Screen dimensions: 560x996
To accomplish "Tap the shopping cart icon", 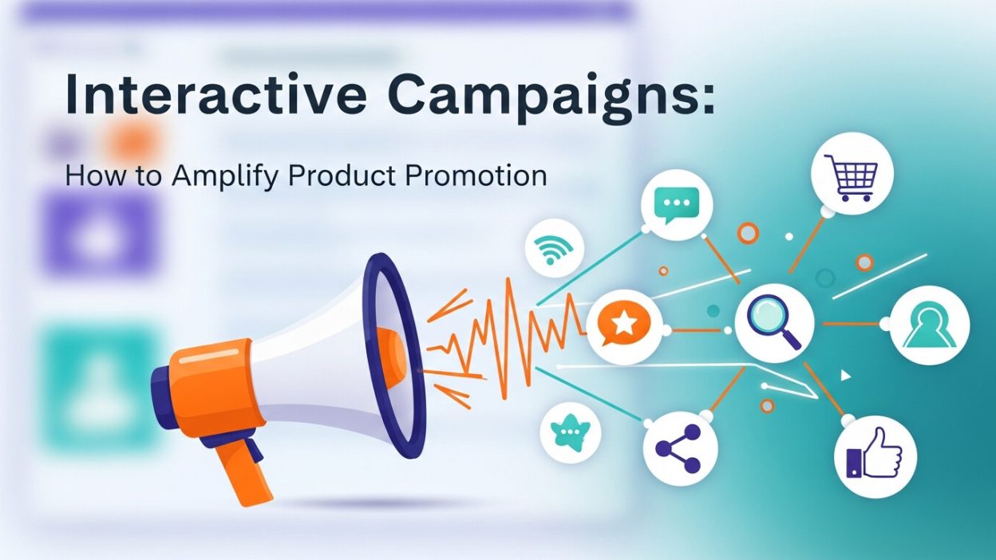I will tap(850, 172).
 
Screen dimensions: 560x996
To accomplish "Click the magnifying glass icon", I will tap(773, 324).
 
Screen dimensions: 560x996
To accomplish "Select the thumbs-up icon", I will tap(875, 458).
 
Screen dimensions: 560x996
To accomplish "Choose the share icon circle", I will tap(680, 448).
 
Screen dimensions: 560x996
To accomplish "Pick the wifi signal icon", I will tap(550, 250).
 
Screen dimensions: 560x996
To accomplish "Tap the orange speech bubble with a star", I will tap(625, 324).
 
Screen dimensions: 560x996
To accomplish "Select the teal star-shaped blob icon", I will tap(569, 432).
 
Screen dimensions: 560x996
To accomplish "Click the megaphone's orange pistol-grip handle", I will tap(240, 470).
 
